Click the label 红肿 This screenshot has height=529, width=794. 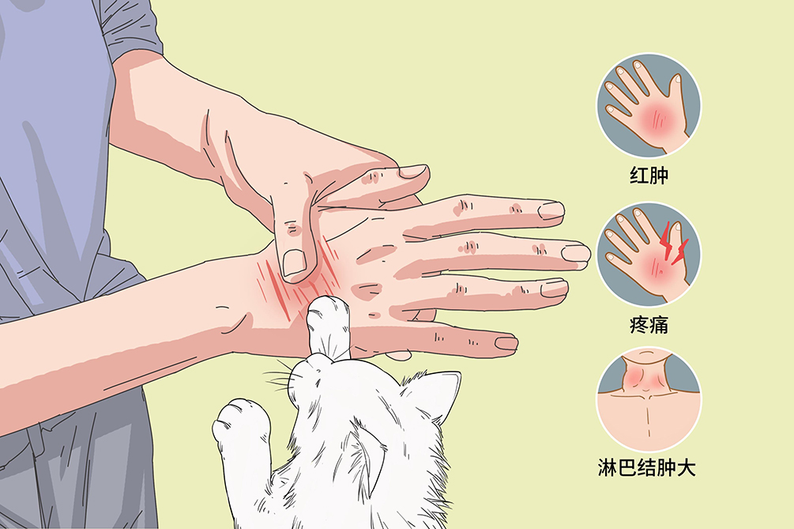649,176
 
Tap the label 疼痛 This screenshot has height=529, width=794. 649,324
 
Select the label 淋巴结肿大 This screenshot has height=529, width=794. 646,467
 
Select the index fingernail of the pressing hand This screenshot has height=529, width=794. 412,172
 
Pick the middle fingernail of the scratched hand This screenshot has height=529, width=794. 576,252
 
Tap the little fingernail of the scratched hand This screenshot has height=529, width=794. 506,343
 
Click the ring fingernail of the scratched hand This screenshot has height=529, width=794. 554,288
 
